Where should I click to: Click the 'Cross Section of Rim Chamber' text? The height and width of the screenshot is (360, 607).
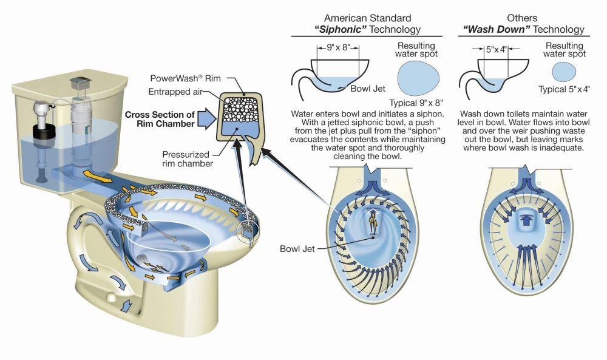click(x=160, y=119)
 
